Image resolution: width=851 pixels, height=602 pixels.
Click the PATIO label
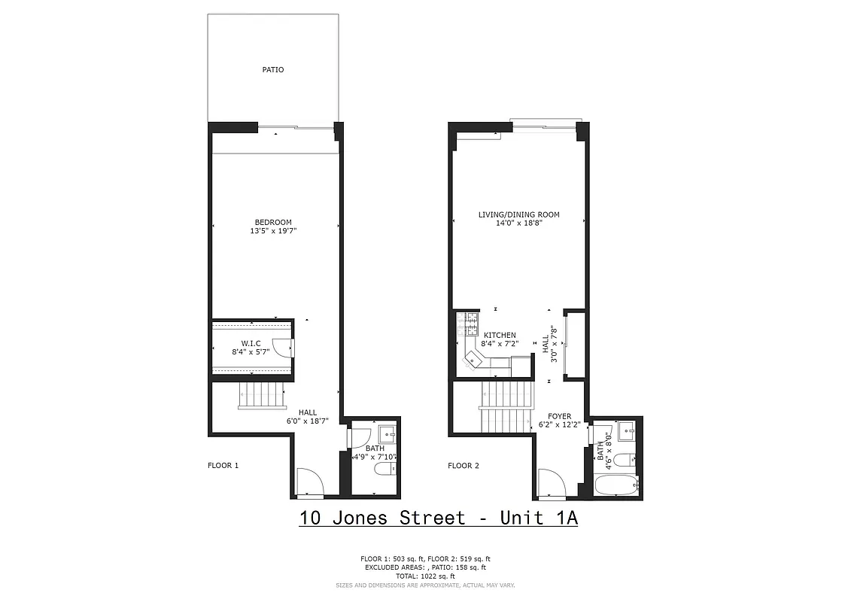tap(273, 70)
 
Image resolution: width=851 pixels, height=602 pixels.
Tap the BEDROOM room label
tap(273, 222)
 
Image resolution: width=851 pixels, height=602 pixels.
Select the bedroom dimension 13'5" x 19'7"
tap(273, 232)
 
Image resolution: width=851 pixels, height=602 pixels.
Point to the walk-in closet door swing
tap(282, 347)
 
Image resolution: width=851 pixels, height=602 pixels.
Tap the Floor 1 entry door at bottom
tap(310, 482)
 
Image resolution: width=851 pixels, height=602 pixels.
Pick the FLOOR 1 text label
tap(223, 466)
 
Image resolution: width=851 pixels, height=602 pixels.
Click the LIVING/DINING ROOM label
tap(519, 214)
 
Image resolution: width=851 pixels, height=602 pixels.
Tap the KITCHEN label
tap(500, 335)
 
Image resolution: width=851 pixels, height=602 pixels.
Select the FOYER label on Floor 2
tap(559, 416)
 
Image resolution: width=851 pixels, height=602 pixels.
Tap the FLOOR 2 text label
tap(463, 466)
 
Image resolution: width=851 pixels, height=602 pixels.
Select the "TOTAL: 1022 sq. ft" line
tap(425, 576)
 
